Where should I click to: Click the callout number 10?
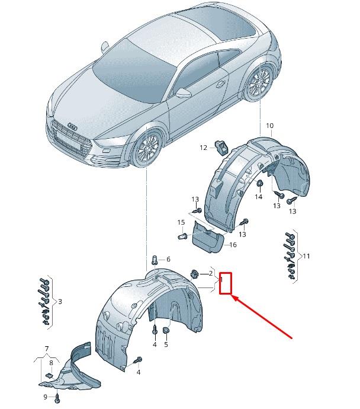pyautogui.click(x=269, y=126)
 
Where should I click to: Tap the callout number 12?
pyautogui.click(x=203, y=148)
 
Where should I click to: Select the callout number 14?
pyautogui.click(x=259, y=196)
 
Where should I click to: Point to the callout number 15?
pyautogui.click(x=181, y=222)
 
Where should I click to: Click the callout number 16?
pyautogui.click(x=233, y=245)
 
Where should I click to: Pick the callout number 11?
pyautogui.click(x=306, y=255)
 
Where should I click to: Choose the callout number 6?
pyautogui.click(x=168, y=260)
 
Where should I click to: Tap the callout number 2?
pyautogui.click(x=210, y=273)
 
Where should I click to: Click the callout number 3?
pyautogui.click(x=60, y=302)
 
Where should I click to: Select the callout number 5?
pyautogui.click(x=166, y=344)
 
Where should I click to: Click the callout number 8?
pyautogui.click(x=52, y=363)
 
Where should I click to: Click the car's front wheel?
pyautogui.click(x=148, y=149)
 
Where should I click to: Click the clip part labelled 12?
pyautogui.click(x=222, y=146)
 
